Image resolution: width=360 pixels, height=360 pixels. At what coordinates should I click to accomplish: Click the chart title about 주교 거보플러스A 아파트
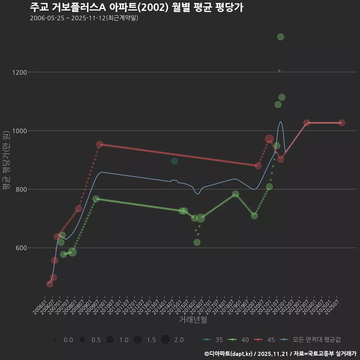pyautogui.click(x=136, y=7)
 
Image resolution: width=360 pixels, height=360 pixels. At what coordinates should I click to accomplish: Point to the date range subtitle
pyautogui.click(x=84, y=18)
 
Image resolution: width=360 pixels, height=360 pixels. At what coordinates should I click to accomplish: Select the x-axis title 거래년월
pyautogui.click(x=193, y=320)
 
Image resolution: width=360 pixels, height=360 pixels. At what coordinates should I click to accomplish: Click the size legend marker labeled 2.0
pyautogui.click(x=165, y=340)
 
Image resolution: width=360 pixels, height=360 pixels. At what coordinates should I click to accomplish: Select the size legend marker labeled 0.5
pyautogui.click(x=82, y=340)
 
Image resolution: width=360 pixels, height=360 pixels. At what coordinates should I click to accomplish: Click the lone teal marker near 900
pyautogui.click(x=174, y=161)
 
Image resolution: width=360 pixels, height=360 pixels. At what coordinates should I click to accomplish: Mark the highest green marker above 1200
pyautogui.click(x=280, y=37)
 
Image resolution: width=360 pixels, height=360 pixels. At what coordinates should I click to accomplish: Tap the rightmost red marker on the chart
pyautogui.click(x=342, y=123)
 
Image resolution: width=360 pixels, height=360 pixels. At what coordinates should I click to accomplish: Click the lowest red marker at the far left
pyautogui.click(x=50, y=284)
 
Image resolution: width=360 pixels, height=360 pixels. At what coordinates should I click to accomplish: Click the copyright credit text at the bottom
pyautogui.click(x=280, y=353)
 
